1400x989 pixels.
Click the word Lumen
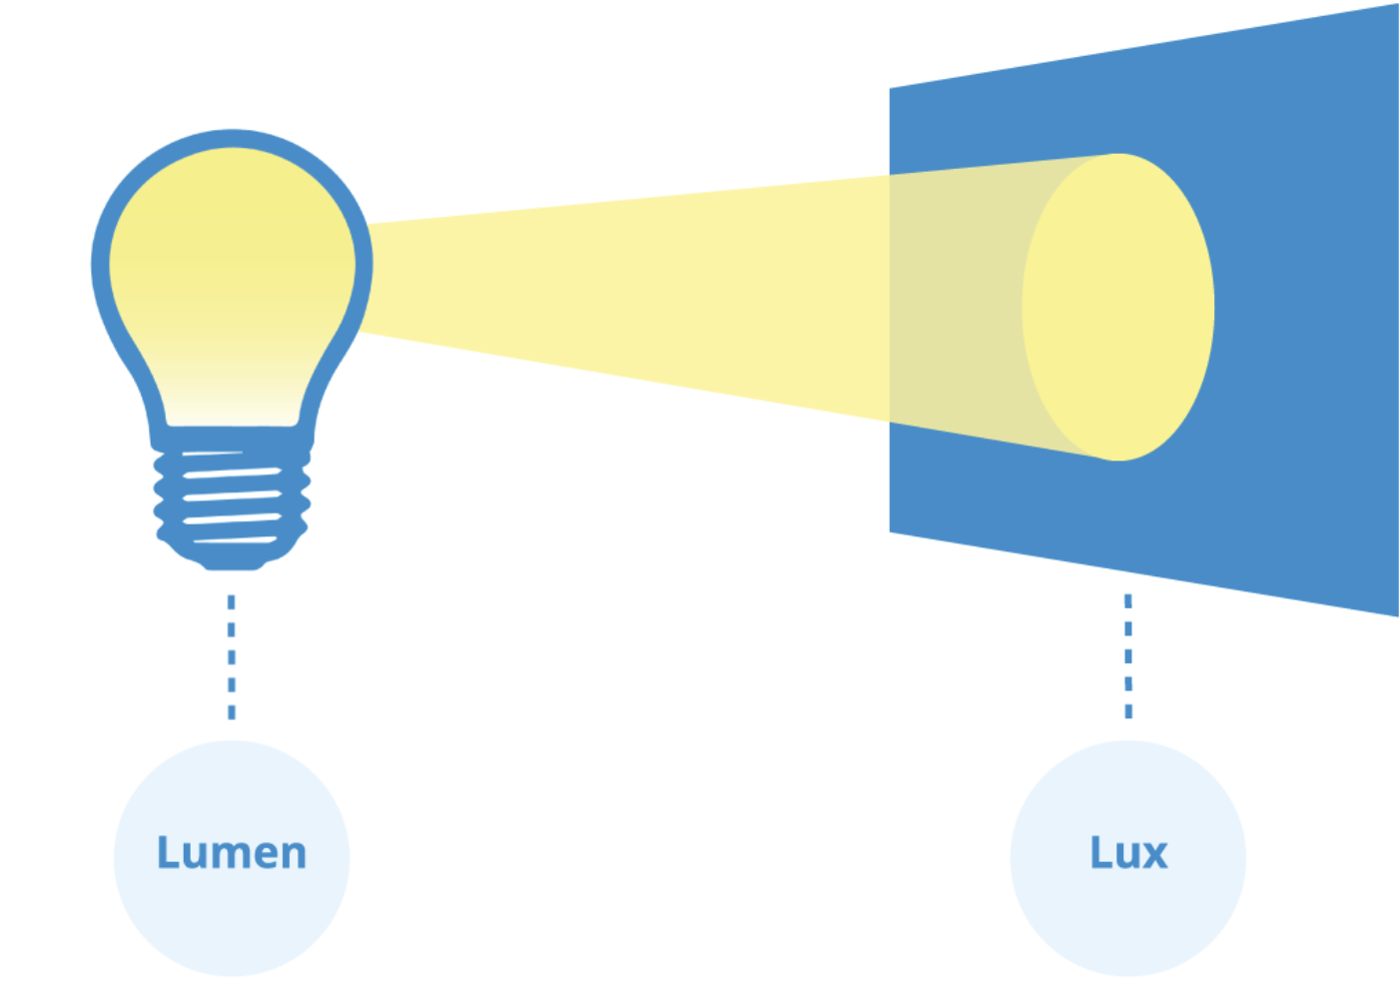232,853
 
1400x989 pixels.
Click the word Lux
1128,853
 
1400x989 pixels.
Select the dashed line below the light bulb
232,656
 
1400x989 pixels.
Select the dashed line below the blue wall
1128,656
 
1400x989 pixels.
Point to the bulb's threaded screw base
232,499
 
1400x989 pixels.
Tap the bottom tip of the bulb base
232,565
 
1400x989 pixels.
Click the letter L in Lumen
167,853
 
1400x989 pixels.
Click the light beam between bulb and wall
619,290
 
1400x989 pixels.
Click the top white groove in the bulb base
212,455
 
